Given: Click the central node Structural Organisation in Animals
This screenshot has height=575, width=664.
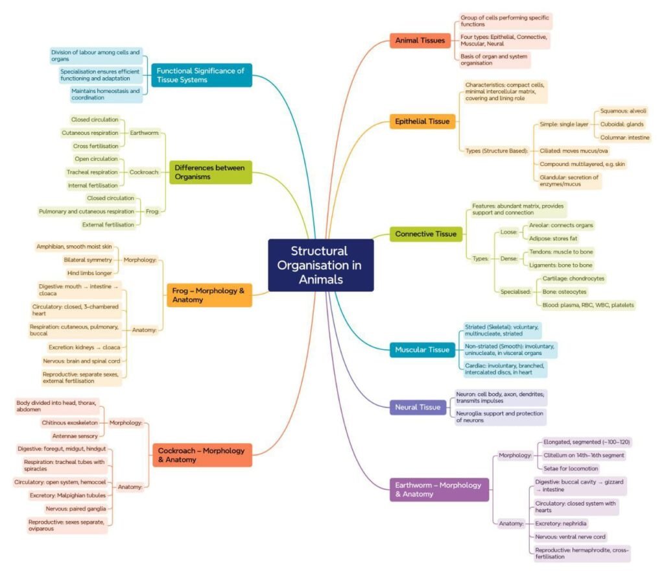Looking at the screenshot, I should pos(320,265).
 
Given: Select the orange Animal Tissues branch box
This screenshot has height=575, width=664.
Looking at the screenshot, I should pos(420,41).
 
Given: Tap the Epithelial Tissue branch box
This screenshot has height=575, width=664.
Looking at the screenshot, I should pos(422,121).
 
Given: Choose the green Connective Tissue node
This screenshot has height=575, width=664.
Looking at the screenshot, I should pos(425,234).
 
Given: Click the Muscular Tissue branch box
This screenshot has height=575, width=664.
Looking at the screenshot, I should pos(421,350).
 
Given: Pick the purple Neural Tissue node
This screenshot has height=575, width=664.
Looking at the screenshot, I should pos(418,408).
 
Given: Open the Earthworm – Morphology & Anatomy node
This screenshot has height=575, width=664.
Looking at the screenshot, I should pos(438,489).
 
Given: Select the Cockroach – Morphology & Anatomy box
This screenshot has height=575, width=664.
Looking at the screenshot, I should pos(201,455).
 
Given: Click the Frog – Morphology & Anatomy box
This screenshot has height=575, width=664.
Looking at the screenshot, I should pos(209,295).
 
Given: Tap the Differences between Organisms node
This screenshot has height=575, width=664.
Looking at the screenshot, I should pos(209,172).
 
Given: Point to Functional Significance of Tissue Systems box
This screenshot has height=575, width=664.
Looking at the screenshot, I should pos(200,75).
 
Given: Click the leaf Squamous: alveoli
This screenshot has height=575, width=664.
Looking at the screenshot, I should pos(622,111).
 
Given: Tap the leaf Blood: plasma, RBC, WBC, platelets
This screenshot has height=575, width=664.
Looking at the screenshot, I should pos(588,304).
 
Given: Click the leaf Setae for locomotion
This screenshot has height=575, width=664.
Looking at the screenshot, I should pos(571,468).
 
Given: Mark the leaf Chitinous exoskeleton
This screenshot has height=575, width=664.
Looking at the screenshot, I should pos(69,422).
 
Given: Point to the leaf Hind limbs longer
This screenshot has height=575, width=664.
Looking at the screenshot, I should pos(89,273).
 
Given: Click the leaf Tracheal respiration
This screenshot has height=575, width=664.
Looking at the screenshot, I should pos(92,172).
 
